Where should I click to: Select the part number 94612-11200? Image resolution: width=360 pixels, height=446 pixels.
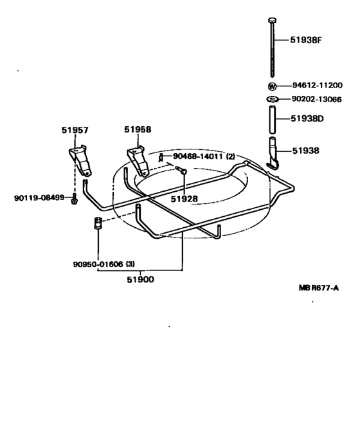click(x=316, y=85)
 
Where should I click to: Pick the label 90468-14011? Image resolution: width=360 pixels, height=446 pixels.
click(x=196, y=156)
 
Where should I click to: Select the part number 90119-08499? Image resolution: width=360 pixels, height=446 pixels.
click(x=39, y=197)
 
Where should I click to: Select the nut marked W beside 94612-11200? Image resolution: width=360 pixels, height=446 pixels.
click(x=272, y=86)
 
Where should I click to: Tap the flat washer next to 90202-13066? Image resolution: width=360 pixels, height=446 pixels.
click(x=272, y=99)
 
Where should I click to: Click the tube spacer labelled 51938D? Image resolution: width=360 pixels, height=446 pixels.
click(x=272, y=120)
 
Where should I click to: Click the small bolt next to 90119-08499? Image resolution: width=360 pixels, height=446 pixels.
click(x=76, y=198)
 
